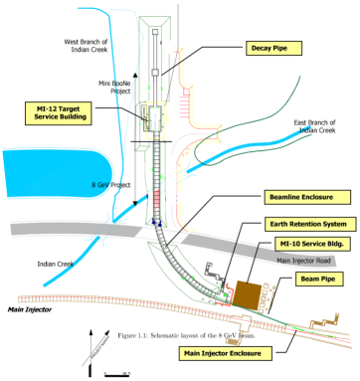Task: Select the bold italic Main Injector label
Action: click(29, 308)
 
